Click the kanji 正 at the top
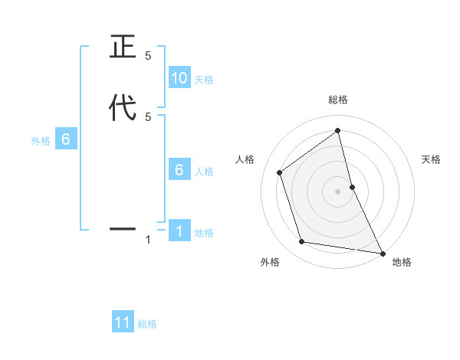(123, 48)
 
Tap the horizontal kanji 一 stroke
(123, 228)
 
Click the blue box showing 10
(179, 78)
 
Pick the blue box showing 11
(123, 323)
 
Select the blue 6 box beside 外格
(66, 139)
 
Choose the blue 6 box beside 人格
(179, 170)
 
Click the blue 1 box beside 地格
(179, 231)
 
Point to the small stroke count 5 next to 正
(148, 56)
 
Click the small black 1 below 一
(148, 240)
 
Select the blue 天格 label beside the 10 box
(204, 79)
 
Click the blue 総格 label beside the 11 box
(147, 324)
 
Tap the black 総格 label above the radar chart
(338, 100)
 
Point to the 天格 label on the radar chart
(432, 159)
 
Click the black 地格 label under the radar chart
(402, 262)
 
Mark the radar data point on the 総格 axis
(338, 130)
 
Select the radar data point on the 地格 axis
(382, 252)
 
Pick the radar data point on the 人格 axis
(280, 172)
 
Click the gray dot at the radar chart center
(338, 191)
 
